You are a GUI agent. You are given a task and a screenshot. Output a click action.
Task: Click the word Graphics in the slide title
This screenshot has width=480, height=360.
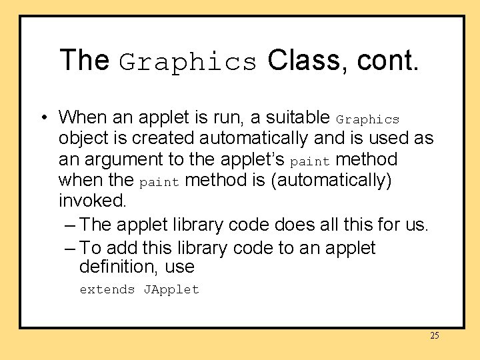pos(188,62)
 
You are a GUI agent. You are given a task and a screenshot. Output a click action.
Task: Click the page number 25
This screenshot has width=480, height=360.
pos(435,335)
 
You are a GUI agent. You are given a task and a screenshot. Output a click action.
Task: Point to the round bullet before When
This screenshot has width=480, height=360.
pos(42,118)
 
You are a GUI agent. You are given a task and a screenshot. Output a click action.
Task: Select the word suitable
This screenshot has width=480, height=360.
pos(297,118)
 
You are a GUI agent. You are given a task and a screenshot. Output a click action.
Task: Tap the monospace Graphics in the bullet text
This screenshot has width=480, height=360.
pos(367,120)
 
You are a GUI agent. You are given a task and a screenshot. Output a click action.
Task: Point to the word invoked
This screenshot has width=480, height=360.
pos(92,201)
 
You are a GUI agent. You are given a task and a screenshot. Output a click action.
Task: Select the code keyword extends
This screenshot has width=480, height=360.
pos(107,289)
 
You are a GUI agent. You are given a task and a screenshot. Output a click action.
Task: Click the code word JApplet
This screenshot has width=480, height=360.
pos(171,289)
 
